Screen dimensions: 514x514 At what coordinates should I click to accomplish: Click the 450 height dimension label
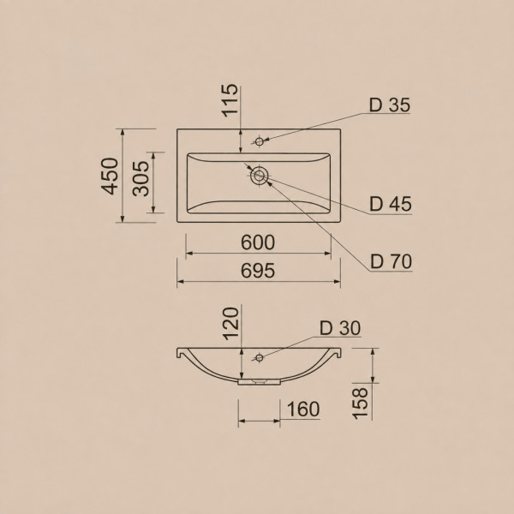[x=110, y=176]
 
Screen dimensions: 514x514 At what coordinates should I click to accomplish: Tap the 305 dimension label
[x=141, y=178]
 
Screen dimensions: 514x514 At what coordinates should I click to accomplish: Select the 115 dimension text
[x=230, y=100]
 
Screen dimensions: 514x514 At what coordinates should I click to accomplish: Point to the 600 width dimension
[x=258, y=242]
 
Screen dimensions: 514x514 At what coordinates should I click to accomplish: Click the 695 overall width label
[x=258, y=271]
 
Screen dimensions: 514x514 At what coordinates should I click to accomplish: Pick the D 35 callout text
[x=390, y=105]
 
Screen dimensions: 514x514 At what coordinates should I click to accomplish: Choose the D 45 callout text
[x=390, y=204]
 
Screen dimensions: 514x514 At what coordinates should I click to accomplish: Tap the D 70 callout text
[x=391, y=261]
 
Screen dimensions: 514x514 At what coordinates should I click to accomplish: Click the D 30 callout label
[x=340, y=328]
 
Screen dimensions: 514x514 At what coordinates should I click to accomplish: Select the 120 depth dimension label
[x=230, y=324]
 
